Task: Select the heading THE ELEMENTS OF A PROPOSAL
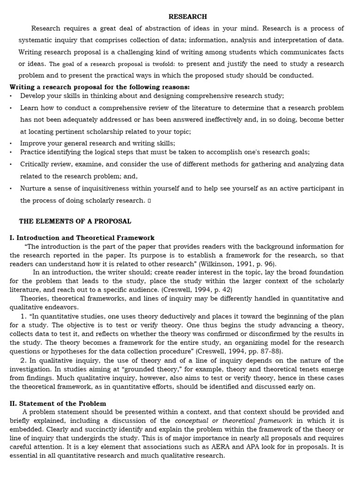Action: point(75,221)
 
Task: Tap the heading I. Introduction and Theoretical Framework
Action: point(82,238)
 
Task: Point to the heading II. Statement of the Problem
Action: point(58,403)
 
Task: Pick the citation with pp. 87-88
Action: point(240,351)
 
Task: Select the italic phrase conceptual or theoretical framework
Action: point(233,420)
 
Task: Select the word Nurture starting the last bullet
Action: point(32,188)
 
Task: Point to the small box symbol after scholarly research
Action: point(149,201)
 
